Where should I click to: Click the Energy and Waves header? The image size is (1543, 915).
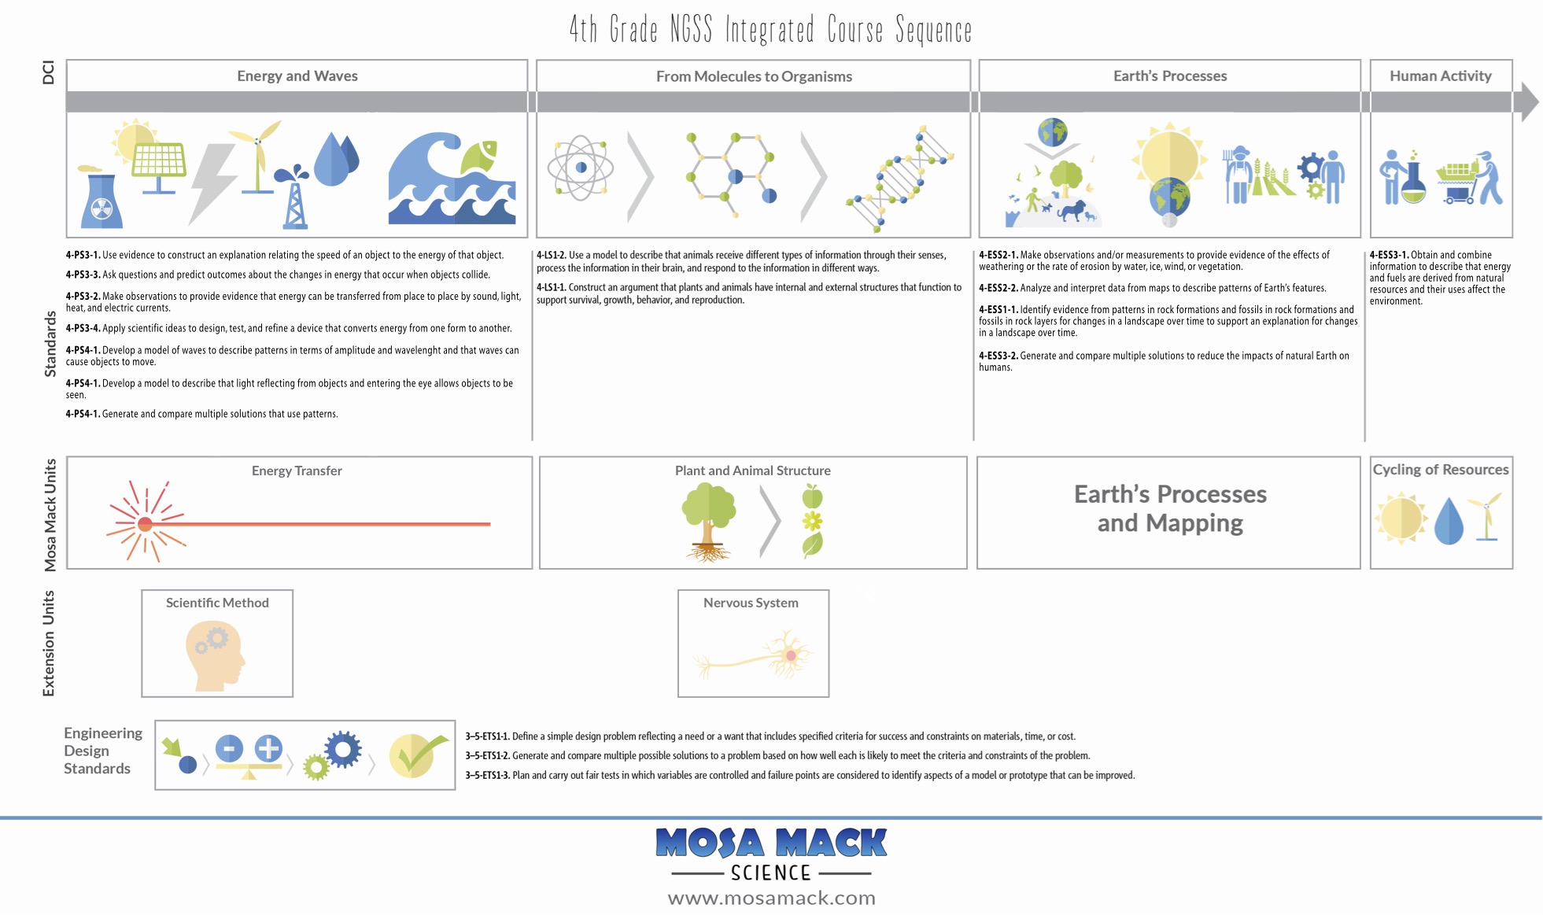click(x=297, y=76)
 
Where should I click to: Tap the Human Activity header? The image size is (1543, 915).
click(x=1440, y=76)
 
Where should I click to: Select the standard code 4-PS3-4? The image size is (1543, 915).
click(x=83, y=329)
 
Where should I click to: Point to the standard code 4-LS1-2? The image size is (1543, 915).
click(x=551, y=256)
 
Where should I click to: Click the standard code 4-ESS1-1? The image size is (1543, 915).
click(x=998, y=310)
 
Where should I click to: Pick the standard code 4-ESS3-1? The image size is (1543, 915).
click(x=1389, y=256)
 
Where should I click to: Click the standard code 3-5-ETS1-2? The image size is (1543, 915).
click(x=487, y=756)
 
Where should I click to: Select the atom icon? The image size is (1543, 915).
click(x=581, y=168)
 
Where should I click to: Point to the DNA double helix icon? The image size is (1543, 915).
click(x=901, y=179)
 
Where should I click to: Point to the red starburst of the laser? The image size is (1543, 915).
click(x=145, y=524)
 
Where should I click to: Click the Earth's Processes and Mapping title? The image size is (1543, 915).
click(x=1170, y=508)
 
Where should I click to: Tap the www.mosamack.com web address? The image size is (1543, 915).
click(x=771, y=898)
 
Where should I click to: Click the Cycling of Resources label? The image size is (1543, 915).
click(x=1440, y=470)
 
